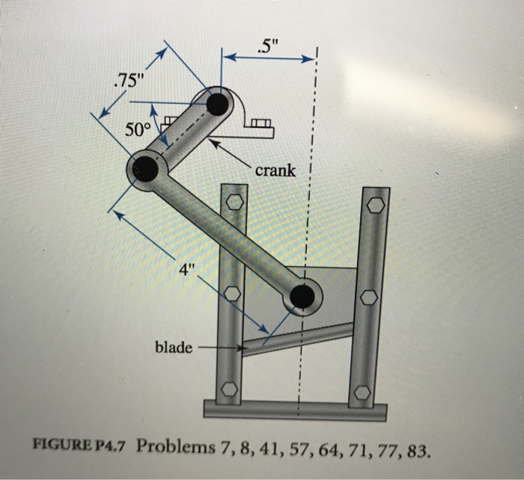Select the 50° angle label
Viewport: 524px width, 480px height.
coord(137,129)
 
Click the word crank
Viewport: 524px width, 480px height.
coord(275,170)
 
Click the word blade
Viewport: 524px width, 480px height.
coord(173,348)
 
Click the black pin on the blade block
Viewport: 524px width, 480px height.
coord(302,296)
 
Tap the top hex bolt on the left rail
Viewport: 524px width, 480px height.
coord(234,202)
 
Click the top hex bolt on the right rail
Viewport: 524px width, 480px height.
coord(375,203)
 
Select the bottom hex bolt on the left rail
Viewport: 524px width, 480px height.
coord(230,390)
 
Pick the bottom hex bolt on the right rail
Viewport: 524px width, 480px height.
coord(362,392)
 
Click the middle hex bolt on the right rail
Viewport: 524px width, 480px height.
coord(368,298)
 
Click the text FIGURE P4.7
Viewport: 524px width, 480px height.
coord(81,446)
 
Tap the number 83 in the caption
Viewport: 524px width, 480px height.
coord(420,450)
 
